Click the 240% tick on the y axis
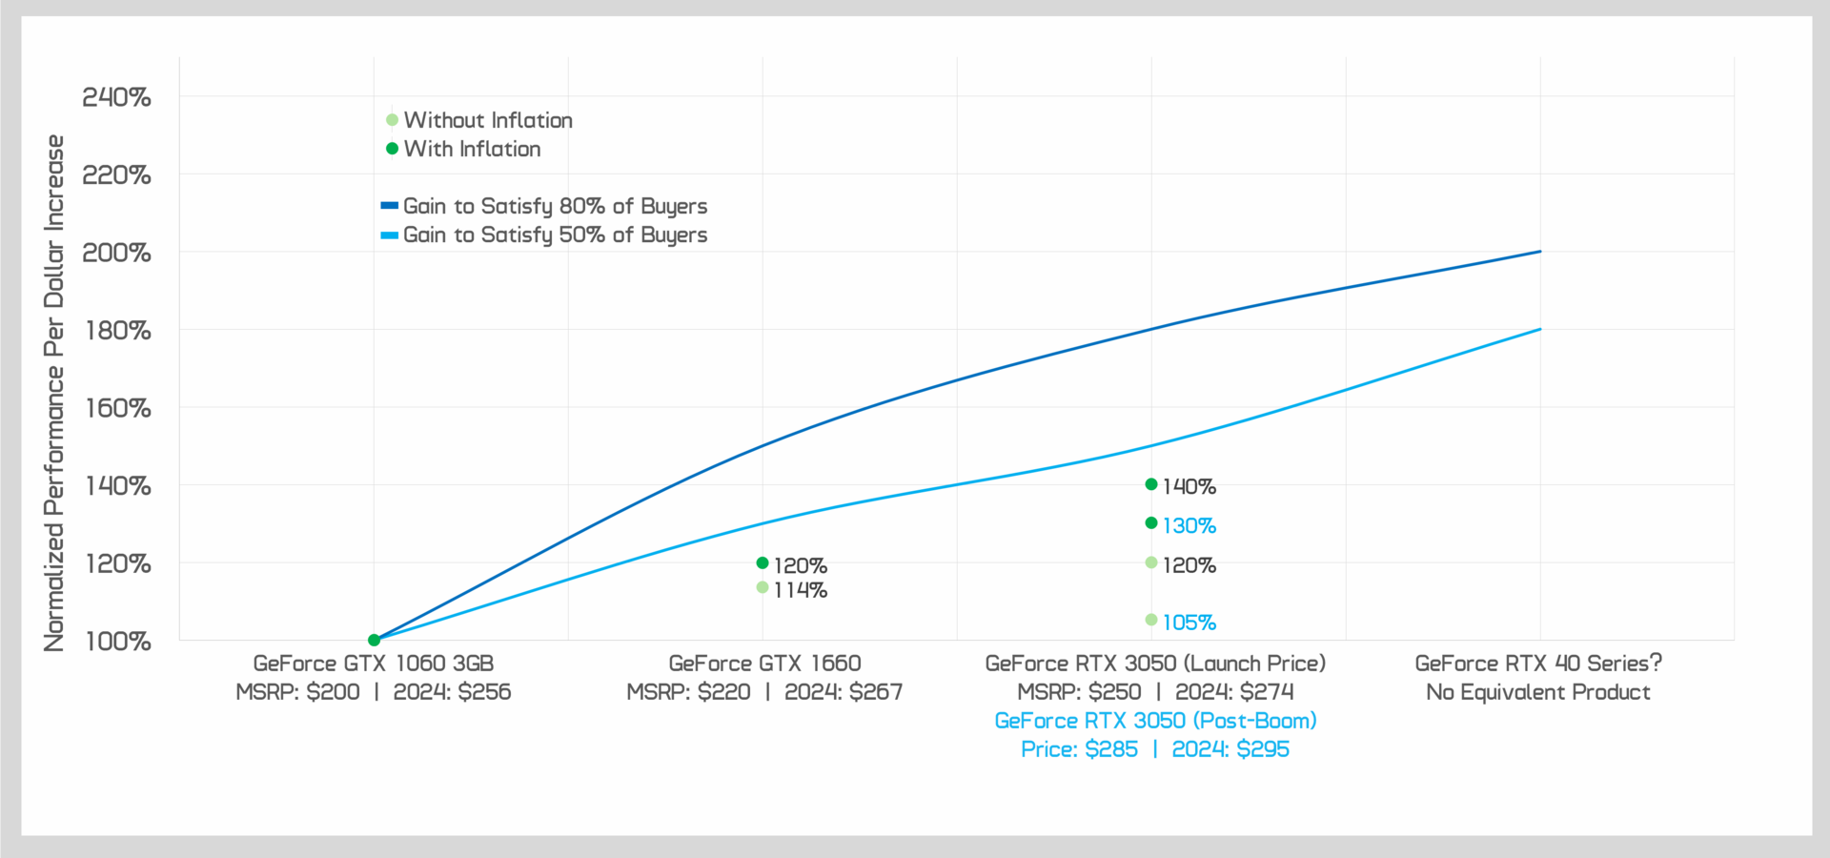click(116, 97)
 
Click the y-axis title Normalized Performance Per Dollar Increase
click(54, 393)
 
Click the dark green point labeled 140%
click(1151, 484)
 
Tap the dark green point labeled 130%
click(1151, 523)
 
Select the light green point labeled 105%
click(1151, 621)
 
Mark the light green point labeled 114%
click(762, 587)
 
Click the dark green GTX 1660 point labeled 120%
click(762, 563)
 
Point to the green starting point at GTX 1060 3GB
click(375, 640)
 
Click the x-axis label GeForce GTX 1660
click(764, 664)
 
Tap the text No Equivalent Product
click(1538, 692)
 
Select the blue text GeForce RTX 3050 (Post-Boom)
click(1155, 721)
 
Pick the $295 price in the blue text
click(1263, 749)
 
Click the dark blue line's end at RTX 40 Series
click(1540, 252)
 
